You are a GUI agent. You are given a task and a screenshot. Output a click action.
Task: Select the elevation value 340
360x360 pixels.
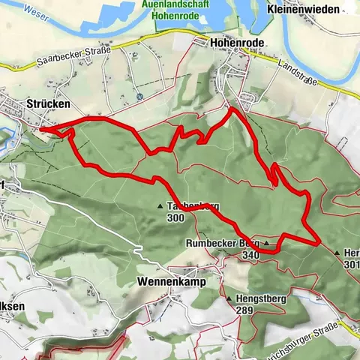[x=250, y=255]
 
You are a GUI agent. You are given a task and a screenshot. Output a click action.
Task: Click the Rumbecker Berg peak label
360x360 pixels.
[x=223, y=244]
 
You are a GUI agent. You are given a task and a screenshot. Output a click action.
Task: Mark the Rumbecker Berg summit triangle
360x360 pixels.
[x=265, y=244]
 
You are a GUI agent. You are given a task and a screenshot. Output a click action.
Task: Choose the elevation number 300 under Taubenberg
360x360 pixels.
[x=175, y=217]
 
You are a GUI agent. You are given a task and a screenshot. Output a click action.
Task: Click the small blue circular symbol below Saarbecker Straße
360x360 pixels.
[x=139, y=97]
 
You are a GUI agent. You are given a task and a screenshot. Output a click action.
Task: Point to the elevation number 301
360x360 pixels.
[x=351, y=264]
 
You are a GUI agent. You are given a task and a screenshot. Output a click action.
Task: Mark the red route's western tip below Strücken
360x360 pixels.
[x=41, y=130]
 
